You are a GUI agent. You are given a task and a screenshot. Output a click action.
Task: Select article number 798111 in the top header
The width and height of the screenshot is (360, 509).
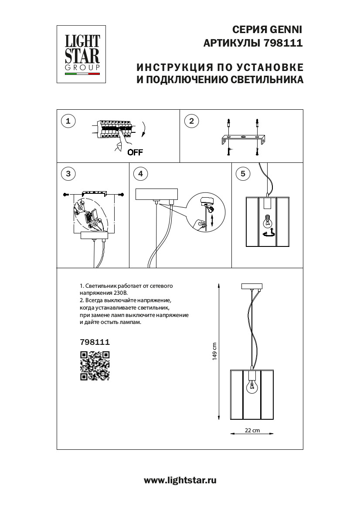283,44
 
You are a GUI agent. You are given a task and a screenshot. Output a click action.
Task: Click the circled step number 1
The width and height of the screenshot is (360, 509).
68,121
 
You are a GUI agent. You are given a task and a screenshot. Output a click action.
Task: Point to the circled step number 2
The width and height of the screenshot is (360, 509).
191,121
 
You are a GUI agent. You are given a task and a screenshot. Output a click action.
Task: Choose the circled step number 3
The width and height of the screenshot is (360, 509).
68,174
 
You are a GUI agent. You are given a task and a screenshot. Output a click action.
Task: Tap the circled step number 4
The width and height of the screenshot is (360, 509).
140,174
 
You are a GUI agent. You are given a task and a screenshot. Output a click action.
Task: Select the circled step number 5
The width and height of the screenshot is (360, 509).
243,174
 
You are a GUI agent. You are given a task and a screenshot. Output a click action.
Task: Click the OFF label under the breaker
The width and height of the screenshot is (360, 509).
135,152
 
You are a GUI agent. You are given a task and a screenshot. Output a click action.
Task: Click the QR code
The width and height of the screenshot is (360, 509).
95,366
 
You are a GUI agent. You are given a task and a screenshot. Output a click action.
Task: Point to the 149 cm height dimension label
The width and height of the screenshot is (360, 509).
214,351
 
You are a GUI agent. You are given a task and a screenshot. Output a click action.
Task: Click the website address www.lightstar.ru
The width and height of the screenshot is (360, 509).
180,481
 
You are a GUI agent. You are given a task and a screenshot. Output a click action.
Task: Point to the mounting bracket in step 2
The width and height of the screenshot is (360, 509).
244,140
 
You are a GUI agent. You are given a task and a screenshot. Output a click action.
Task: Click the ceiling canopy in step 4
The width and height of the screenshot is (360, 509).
157,194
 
